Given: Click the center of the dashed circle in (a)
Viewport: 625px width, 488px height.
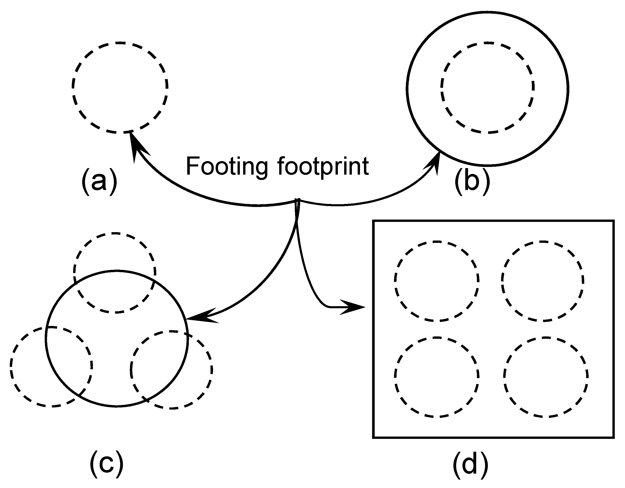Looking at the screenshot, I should click(120, 88).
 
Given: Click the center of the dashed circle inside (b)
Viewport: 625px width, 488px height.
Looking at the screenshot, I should click(487, 88).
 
